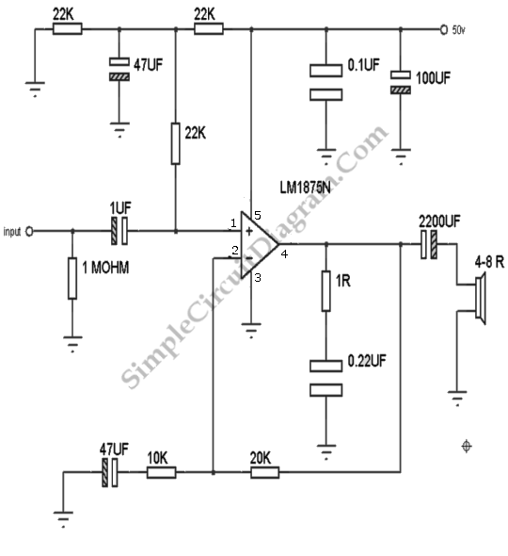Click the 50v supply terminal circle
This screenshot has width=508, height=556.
coord(444,30)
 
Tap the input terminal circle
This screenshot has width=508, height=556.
coord(29,232)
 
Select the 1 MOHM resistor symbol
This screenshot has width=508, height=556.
coord(72,278)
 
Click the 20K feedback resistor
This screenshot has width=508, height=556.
coord(264,472)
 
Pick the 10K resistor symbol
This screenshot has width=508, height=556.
coord(162,472)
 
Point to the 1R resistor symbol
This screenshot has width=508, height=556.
coord(326,291)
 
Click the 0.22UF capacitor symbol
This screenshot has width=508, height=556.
coord(326,378)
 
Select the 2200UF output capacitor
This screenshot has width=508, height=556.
coord(429,244)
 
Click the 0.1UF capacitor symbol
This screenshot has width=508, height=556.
coord(326,82)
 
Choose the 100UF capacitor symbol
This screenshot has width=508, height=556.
coord(401,82)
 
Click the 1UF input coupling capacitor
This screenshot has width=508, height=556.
coord(119,231)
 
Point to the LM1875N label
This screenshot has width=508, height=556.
coord(305,188)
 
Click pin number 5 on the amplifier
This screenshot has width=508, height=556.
coord(258,215)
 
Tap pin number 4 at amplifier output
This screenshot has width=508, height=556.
coord(284,253)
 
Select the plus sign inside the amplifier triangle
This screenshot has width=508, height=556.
coord(249,231)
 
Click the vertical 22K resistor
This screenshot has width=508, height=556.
coord(176,143)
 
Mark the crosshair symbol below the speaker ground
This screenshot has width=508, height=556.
coord(467,446)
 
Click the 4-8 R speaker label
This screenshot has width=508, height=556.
coord(489,262)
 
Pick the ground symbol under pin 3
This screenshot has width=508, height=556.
coord(251,330)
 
